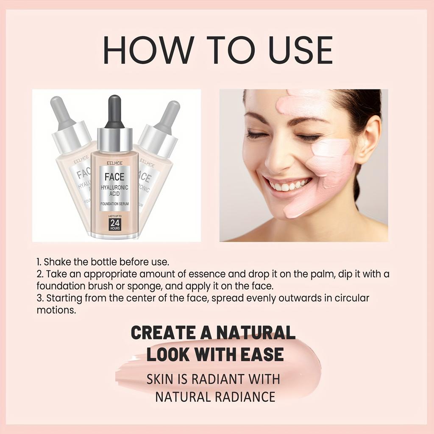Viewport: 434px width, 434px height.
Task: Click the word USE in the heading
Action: pyautogui.click(x=296, y=50)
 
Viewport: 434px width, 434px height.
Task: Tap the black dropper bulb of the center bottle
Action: pyautogui.click(x=114, y=111)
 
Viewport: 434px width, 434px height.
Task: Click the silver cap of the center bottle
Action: pyautogui.click(x=114, y=140)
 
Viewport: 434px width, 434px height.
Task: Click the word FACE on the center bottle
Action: pyautogui.click(x=114, y=176)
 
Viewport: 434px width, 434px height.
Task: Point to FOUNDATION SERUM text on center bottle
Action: pyautogui.click(x=114, y=204)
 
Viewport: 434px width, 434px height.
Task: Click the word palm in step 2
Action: pyautogui.click(x=325, y=274)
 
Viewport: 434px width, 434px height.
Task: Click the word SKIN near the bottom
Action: pyautogui.click(x=159, y=379)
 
